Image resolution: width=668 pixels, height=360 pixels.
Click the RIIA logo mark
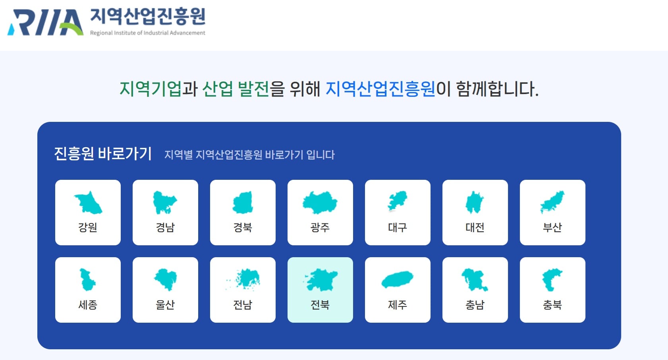click(x=45, y=22)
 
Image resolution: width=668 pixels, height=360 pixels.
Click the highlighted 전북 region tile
click(x=320, y=290)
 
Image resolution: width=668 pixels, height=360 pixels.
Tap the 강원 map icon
click(x=88, y=203)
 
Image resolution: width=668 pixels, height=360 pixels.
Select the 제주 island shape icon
click(x=398, y=279)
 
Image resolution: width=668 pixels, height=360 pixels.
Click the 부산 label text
click(x=552, y=227)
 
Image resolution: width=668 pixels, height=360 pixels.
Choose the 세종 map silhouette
click(x=87, y=279)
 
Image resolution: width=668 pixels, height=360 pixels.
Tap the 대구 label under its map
click(x=398, y=227)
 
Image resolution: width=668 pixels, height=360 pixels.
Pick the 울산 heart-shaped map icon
click(x=166, y=279)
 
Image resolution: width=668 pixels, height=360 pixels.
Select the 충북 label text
click(x=552, y=304)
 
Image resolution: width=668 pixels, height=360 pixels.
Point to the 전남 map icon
click(x=243, y=279)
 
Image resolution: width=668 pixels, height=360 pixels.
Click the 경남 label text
click(x=165, y=227)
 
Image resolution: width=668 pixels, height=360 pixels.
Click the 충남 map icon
click(x=474, y=279)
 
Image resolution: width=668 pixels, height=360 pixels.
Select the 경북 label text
click(x=243, y=227)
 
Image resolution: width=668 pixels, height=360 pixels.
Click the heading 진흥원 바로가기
click(x=103, y=154)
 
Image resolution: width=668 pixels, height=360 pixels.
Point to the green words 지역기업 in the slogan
click(x=151, y=89)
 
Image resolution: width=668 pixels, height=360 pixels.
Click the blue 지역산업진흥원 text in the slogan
click(x=380, y=89)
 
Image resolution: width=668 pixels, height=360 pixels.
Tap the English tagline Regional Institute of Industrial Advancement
click(x=148, y=33)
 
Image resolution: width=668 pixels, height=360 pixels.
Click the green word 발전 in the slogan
click(x=253, y=89)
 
